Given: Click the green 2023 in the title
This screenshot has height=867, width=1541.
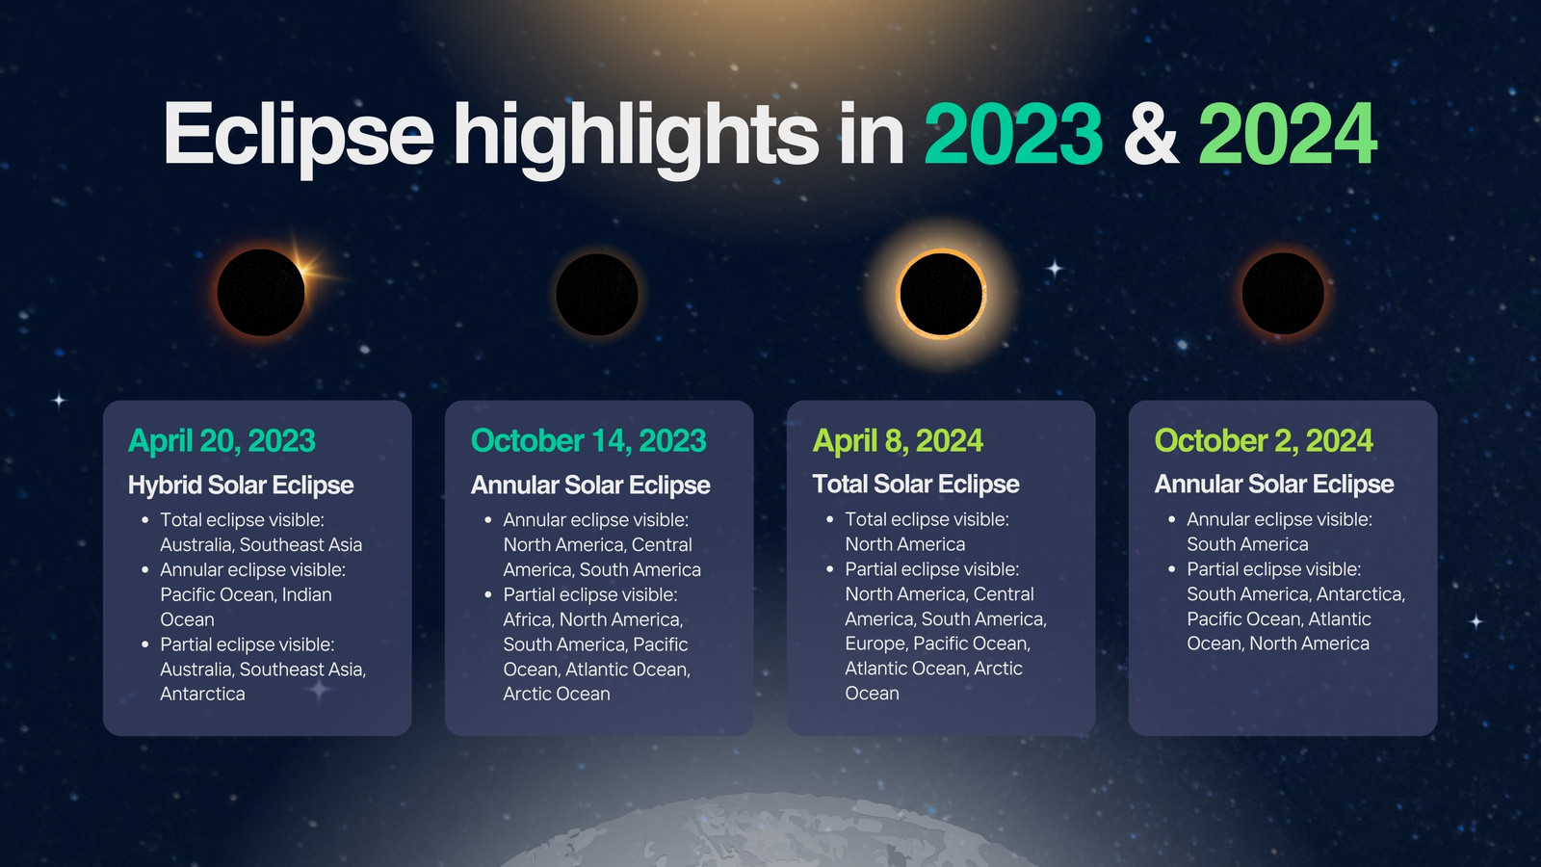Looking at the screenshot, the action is click(1012, 134).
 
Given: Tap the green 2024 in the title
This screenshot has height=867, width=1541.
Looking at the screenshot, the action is click(1287, 134).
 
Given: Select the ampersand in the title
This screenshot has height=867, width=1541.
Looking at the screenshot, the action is click(1151, 134).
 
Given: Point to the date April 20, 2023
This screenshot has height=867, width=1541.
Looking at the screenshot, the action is click(222, 441).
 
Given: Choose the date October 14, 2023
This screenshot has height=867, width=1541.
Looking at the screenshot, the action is click(588, 441).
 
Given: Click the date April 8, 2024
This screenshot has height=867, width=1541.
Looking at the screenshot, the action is click(898, 441).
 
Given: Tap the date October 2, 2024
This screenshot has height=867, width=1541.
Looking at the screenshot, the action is click(1264, 441).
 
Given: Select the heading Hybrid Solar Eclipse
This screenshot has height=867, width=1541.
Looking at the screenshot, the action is click(241, 486).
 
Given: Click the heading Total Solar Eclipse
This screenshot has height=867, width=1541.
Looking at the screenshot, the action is click(916, 485).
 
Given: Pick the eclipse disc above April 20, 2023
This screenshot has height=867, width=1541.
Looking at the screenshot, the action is click(261, 293).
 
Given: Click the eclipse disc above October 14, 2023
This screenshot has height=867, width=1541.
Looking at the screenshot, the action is click(596, 295).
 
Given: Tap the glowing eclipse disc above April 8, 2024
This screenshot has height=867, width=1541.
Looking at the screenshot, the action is click(941, 294).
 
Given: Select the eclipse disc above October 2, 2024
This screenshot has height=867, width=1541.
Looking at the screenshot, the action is click(1283, 293).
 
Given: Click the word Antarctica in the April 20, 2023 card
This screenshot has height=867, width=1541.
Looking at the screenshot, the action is click(202, 694).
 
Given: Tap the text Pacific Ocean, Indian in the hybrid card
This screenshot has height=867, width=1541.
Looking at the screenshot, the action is click(246, 594).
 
